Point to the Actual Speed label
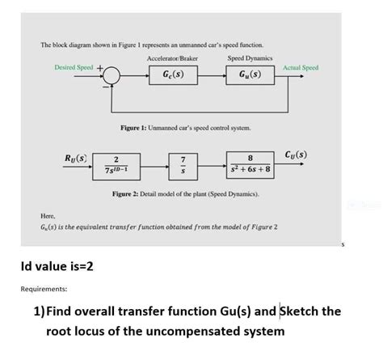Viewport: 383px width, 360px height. tap(301, 67)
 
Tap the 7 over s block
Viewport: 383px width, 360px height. tap(183, 163)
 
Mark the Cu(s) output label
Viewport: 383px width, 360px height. tap(296, 154)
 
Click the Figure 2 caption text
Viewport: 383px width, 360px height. tap(185, 196)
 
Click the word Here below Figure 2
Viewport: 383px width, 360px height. tap(48, 217)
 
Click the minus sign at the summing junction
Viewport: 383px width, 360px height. tap(104, 87)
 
